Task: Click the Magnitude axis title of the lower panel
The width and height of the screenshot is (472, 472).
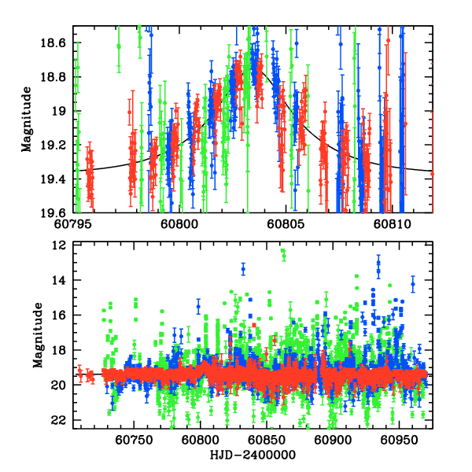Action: tap(37, 337)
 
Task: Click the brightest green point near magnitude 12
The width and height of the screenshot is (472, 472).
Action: tap(282, 251)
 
